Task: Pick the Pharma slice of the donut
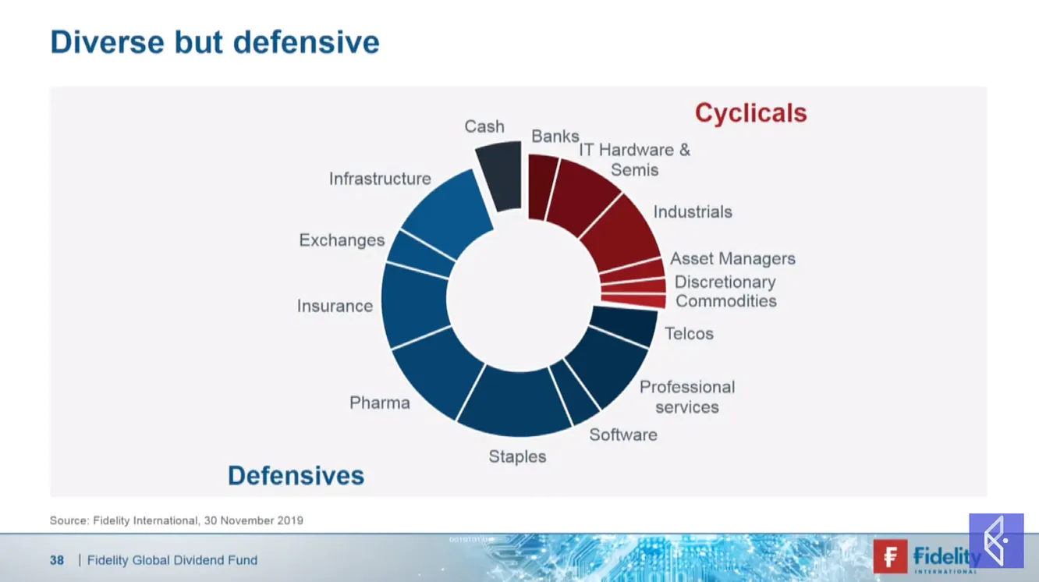[438, 371]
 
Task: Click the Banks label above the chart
[555, 137]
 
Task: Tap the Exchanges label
[342, 240]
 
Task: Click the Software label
[623, 435]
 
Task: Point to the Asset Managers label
[732, 258]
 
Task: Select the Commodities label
[726, 301]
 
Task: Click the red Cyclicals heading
[751, 112]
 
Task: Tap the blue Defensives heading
[296, 475]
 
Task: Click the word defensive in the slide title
[306, 42]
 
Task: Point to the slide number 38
[57, 560]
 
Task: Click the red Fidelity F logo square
[890, 556]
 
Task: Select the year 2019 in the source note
[290, 520]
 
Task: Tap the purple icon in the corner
[996, 541]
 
